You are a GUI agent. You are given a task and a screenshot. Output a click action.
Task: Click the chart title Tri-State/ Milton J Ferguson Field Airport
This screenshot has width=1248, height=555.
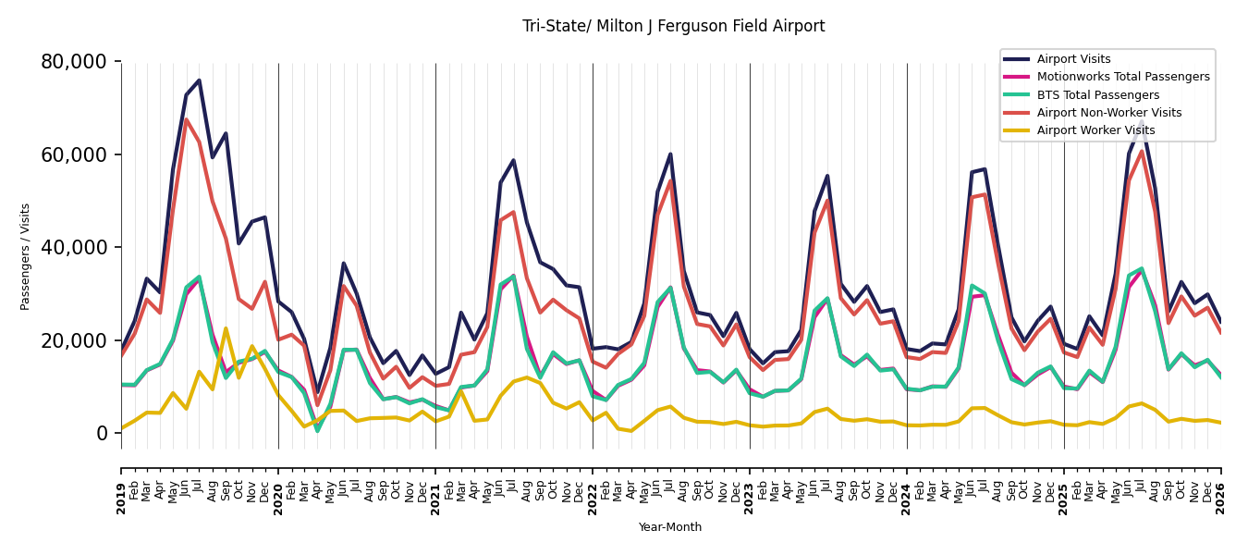[x=673, y=26]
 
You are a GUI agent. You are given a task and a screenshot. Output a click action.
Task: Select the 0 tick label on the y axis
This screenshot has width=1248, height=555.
[x=102, y=434]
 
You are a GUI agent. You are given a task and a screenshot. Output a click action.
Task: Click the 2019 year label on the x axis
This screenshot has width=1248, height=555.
[x=121, y=499]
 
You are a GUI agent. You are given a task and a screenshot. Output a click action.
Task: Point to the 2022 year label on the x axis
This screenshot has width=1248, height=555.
[x=593, y=499]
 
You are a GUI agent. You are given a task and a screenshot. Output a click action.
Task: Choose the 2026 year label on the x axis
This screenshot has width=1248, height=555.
[x=1220, y=499]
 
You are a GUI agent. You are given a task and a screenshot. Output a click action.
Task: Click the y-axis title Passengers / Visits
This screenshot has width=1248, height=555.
[x=25, y=257]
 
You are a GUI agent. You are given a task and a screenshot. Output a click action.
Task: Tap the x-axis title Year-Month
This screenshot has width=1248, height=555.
[x=669, y=527]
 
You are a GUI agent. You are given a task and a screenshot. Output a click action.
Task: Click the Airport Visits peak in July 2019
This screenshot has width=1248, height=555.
[x=199, y=80]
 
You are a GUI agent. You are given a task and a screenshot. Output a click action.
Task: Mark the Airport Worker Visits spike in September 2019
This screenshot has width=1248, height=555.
[x=226, y=328]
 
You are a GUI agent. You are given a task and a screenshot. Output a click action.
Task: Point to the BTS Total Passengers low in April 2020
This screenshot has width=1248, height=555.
[x=317, y=431]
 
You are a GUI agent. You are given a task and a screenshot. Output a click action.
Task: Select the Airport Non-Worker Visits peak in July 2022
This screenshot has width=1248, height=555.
[x=670, y=180]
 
